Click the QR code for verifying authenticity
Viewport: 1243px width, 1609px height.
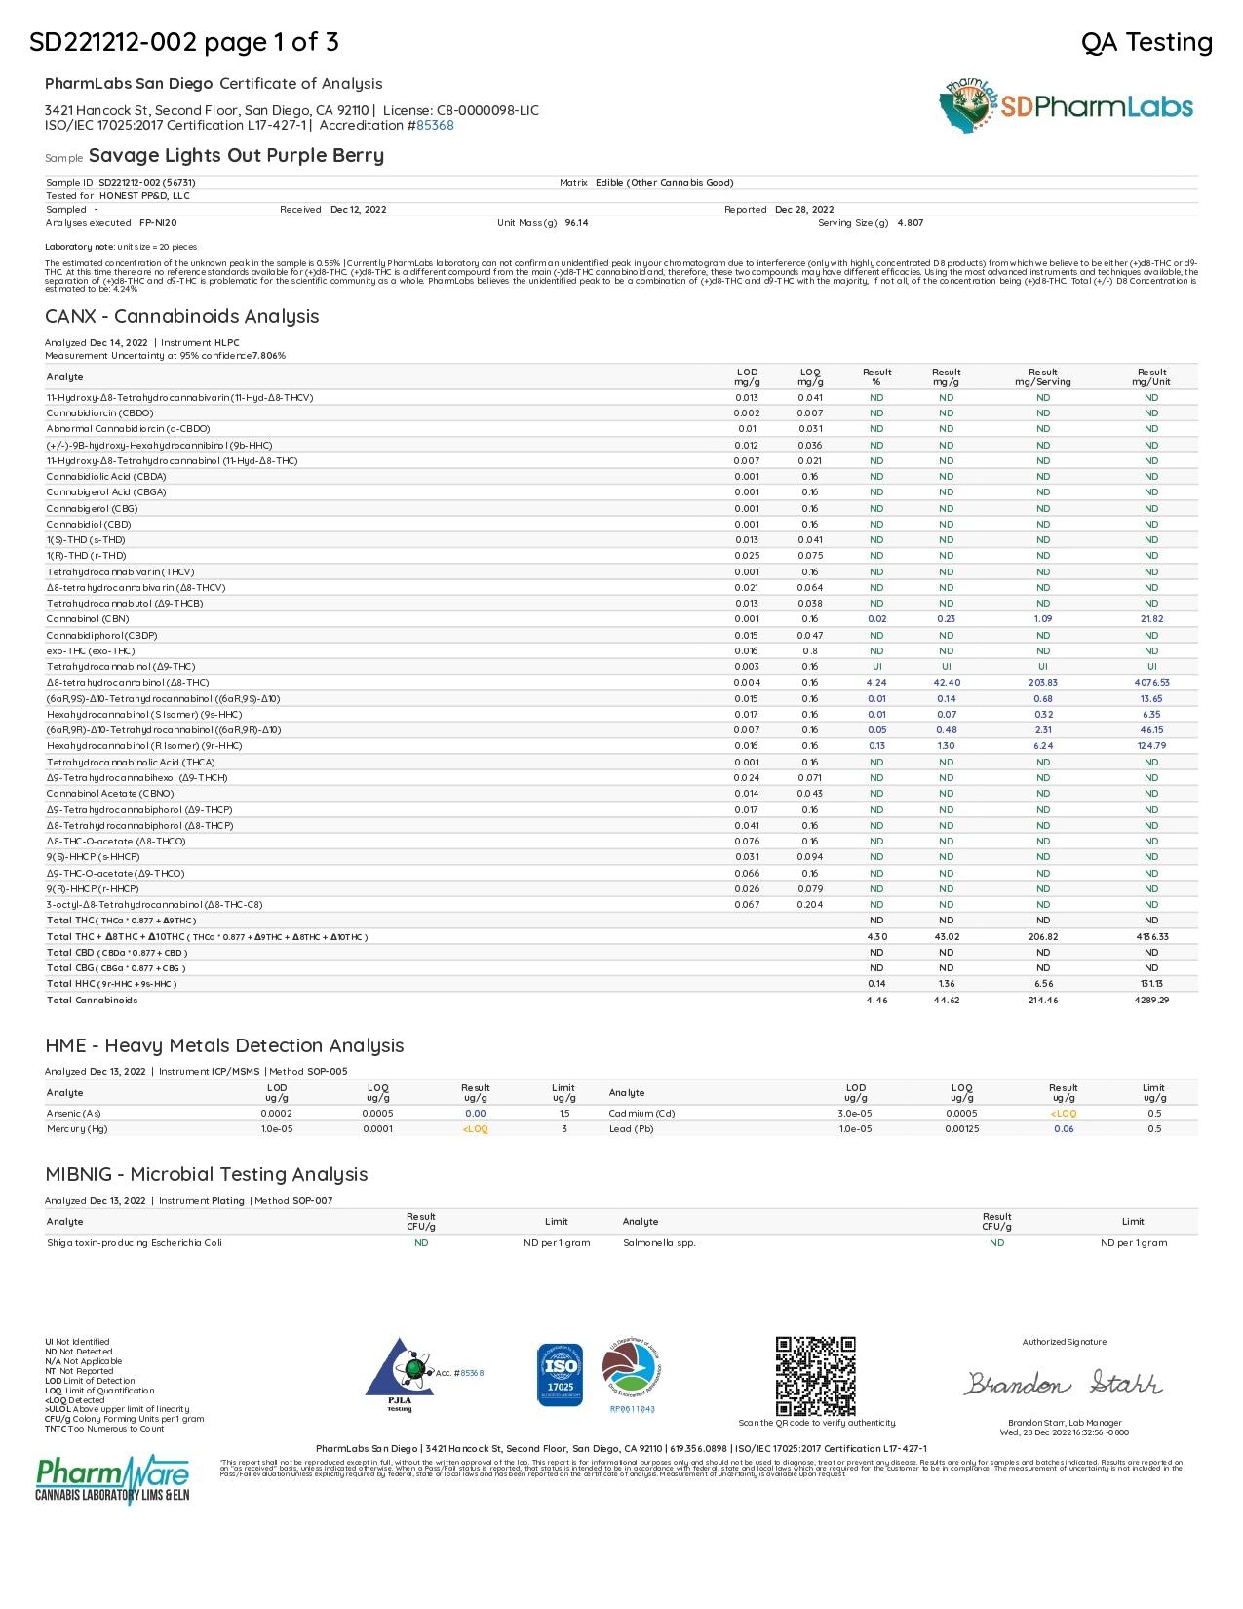(x=815, y=1376)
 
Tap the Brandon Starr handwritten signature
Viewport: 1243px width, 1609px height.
(x=1064, y=1383)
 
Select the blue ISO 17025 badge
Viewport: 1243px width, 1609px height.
(x=560, y=1375)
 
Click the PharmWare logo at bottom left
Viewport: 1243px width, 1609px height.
(x=112, y=1479)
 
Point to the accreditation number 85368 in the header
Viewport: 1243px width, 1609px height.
(x=435, y=125)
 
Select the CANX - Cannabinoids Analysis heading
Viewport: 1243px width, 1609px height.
(x=182, y=316)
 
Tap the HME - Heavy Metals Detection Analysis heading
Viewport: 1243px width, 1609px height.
(x=224, y=1045)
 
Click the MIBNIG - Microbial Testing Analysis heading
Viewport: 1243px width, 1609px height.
(x=207, y=1174)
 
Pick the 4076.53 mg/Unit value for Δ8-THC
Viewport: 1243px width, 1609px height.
(x=1151, y=683)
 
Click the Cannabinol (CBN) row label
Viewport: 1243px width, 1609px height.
(x=88, y=619)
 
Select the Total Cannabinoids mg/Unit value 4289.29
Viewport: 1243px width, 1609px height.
(x=1151, y=1000)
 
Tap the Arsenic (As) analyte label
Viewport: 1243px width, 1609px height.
(x=74, y=1113)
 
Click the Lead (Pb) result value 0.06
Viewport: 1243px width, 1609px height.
(x=1063, y=1128)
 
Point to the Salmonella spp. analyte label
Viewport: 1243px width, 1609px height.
(x=659, y=1242)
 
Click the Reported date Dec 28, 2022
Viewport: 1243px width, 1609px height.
(x=804, y=210)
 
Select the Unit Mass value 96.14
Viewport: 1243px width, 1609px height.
(x=576, y=223)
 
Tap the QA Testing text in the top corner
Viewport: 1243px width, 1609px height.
(x=1146, y=42)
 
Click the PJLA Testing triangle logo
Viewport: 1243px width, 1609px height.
(x=400, y=1374)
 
